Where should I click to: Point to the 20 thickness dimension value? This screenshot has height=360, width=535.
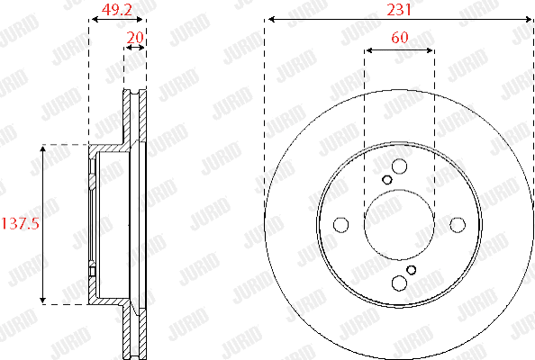coord(135,37)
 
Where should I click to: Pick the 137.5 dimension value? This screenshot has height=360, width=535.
coord(19,223)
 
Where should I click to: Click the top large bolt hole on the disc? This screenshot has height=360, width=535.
coord(399,166)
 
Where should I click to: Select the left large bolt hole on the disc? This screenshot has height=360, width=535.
coord(340,225)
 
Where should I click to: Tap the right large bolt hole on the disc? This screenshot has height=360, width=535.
coord(458,225)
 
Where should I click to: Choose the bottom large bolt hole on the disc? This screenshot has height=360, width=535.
coord(399,283)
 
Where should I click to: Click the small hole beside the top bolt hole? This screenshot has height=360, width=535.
coord(387,179)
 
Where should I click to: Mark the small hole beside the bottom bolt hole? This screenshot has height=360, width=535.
coord(411,270)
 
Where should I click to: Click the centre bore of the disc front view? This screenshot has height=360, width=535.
coord(399,225)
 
